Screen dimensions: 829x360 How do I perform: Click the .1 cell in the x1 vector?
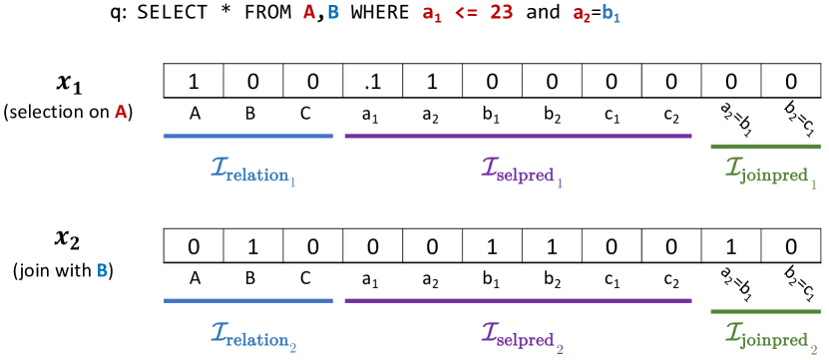coord(372,81)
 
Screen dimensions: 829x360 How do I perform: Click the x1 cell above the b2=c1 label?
coord(791,81)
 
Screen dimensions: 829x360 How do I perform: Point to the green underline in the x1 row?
coord(765,147)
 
